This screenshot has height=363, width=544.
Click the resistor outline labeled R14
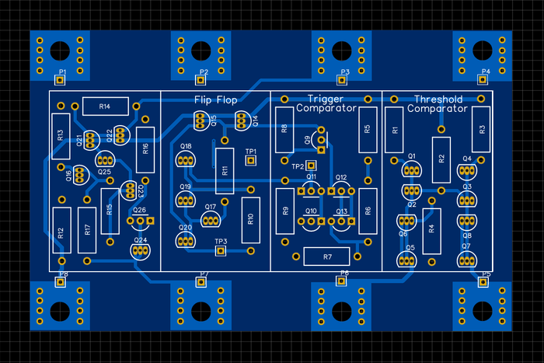(x=106, y=106)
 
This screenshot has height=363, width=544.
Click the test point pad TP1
(x=251, y=160)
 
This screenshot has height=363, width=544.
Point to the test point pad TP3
(x=221, y=251)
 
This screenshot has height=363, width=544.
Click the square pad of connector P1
(x=59, y=79)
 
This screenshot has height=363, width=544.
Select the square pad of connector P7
(x=200, y=283)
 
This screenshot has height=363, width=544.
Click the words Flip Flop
(x=216, y=99)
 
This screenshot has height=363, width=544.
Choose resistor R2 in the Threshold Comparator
(x=441, y=159)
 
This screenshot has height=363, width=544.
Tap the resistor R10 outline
(x=250, y=218)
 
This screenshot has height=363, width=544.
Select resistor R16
(x=145, y=148)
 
